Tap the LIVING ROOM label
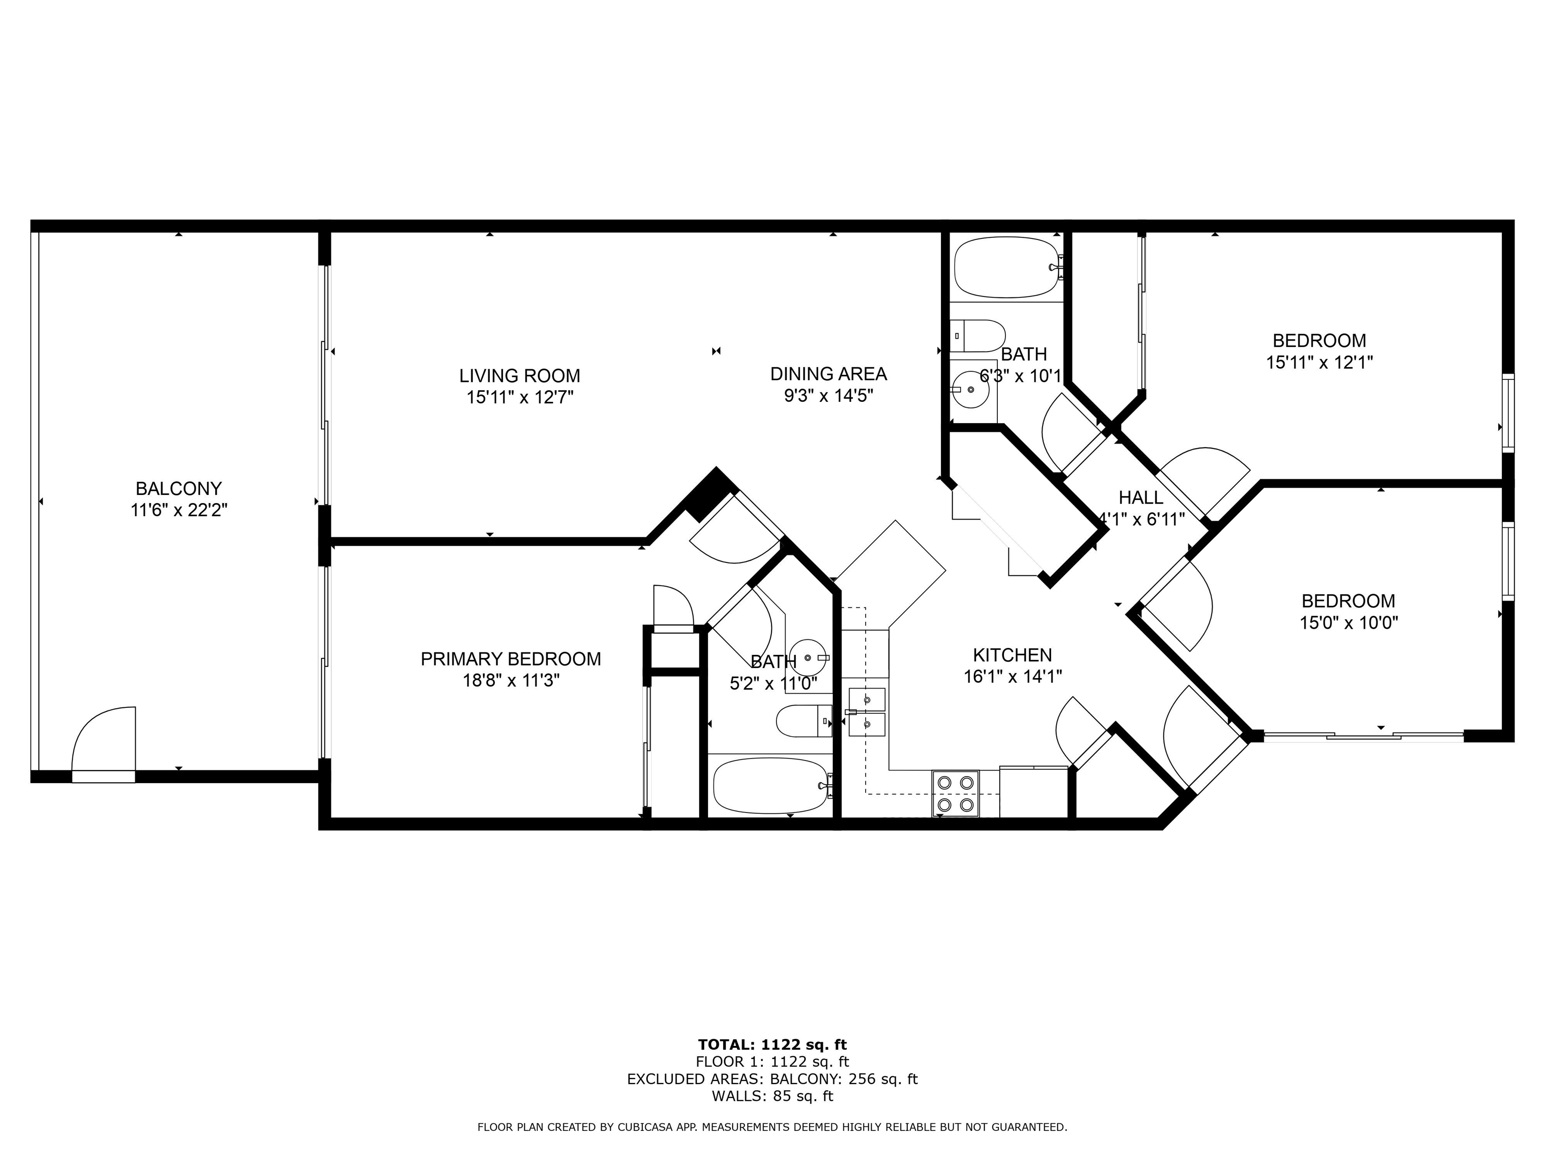tap(520, 376)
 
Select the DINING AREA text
tap(828, 374)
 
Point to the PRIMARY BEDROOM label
tap(510, 659)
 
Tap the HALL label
tap(1141, 498)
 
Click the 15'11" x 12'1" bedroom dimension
tap(1319, 363)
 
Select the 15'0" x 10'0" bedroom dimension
tap(1348, 622)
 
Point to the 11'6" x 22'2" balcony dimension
tap(179, 511)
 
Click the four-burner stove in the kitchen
tap(955, 794)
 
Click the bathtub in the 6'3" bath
tap(1008, 268)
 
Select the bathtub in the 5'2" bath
tap(771, 786)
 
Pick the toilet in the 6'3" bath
tap(978, 336)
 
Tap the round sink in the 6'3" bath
tap(971, 390)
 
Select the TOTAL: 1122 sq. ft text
tap(772, 1044)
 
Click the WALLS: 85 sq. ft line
tap(772, 1096)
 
